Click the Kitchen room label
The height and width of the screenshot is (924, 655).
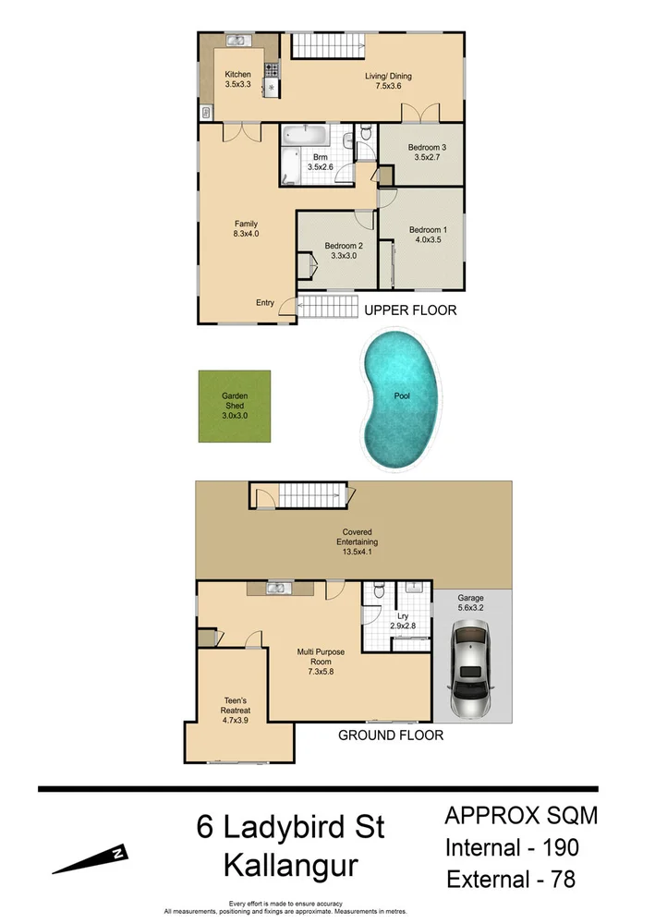(x=237, y=74)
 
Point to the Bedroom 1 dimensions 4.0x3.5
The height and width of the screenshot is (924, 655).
(x=428, y=240)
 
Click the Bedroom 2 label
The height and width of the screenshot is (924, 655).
(x=343, y=246)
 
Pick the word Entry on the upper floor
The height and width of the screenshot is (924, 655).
(x=265, y=303)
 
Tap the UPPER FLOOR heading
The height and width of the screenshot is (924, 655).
(x=410, y=310)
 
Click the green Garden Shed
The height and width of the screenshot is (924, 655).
(x=236, y=406)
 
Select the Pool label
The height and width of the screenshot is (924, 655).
(x=402, y=396)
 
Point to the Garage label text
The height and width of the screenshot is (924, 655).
(x=471, y=598)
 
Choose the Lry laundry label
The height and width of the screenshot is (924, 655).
(x=403, y=614)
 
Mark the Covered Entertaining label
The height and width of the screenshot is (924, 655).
(x=359, y=532)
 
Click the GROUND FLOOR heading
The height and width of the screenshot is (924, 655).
(x=391, y=736)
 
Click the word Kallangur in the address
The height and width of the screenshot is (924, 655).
(x=289, y=866)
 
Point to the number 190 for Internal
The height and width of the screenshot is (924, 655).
(x=552, y=846)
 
